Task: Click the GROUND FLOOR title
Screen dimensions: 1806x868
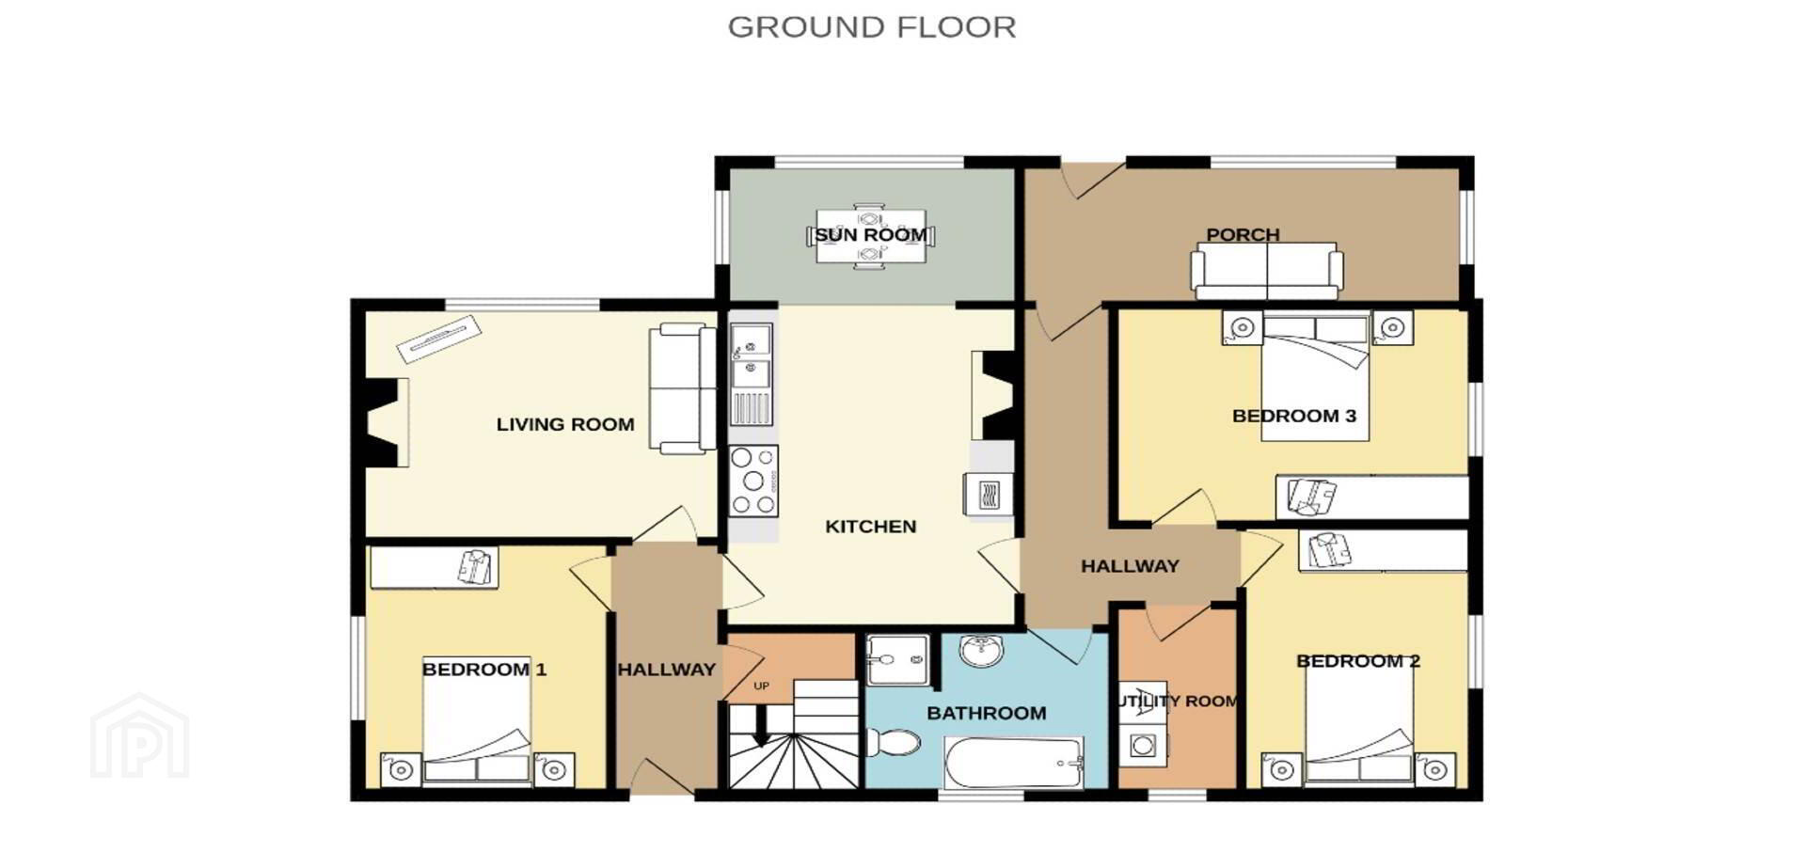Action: (872, 27)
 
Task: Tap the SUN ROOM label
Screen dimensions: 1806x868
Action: (871, 234)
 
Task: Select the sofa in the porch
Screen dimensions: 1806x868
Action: (1267, 270)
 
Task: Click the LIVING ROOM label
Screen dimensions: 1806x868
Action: (565, 424)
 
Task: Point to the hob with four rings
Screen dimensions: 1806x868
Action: (753, 481)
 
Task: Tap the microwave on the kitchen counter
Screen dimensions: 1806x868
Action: (988, 494)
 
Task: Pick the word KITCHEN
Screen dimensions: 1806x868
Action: (871, 527)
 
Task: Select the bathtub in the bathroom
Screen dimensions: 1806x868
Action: (1014, 762)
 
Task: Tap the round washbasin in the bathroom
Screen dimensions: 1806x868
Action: (981, 649)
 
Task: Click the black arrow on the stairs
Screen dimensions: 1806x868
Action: (761, 725)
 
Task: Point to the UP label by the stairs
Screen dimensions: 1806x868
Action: (762, 686)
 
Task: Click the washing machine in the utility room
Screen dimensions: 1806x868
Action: (1143, 746)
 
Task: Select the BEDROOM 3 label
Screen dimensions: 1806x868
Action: (1294, 416)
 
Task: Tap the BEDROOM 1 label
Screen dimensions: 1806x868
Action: (484, 670)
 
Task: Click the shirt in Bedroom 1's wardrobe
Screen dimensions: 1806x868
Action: (476, 567)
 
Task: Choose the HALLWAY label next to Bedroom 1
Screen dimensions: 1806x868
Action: (667, 670)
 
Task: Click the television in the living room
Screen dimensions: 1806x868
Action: (438, 339)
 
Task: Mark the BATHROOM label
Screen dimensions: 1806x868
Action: (987, 713)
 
